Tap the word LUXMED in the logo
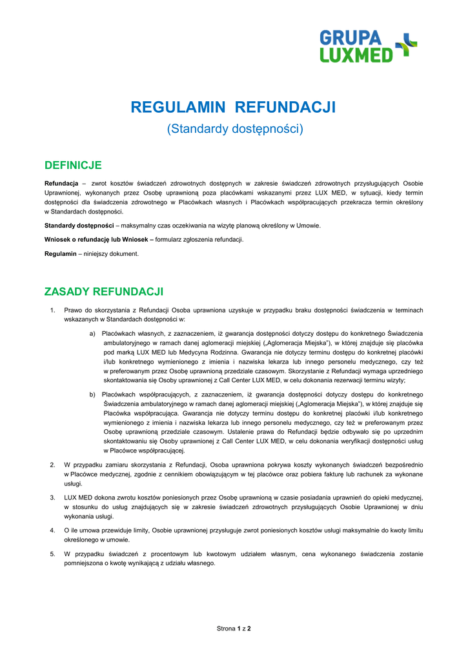356,55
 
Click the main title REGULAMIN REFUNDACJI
234,107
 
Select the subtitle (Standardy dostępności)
234,129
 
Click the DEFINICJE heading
73,166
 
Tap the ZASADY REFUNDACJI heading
103,292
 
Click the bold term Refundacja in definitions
61,184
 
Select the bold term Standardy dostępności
79,226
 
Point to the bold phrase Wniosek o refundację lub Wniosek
98,240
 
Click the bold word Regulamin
60,254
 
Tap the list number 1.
52,310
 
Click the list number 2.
52,465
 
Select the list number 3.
52,498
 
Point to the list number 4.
52,530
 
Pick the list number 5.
52,554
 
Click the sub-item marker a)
93,334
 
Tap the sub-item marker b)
93,394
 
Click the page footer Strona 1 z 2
234,628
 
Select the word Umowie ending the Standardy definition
308,226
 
